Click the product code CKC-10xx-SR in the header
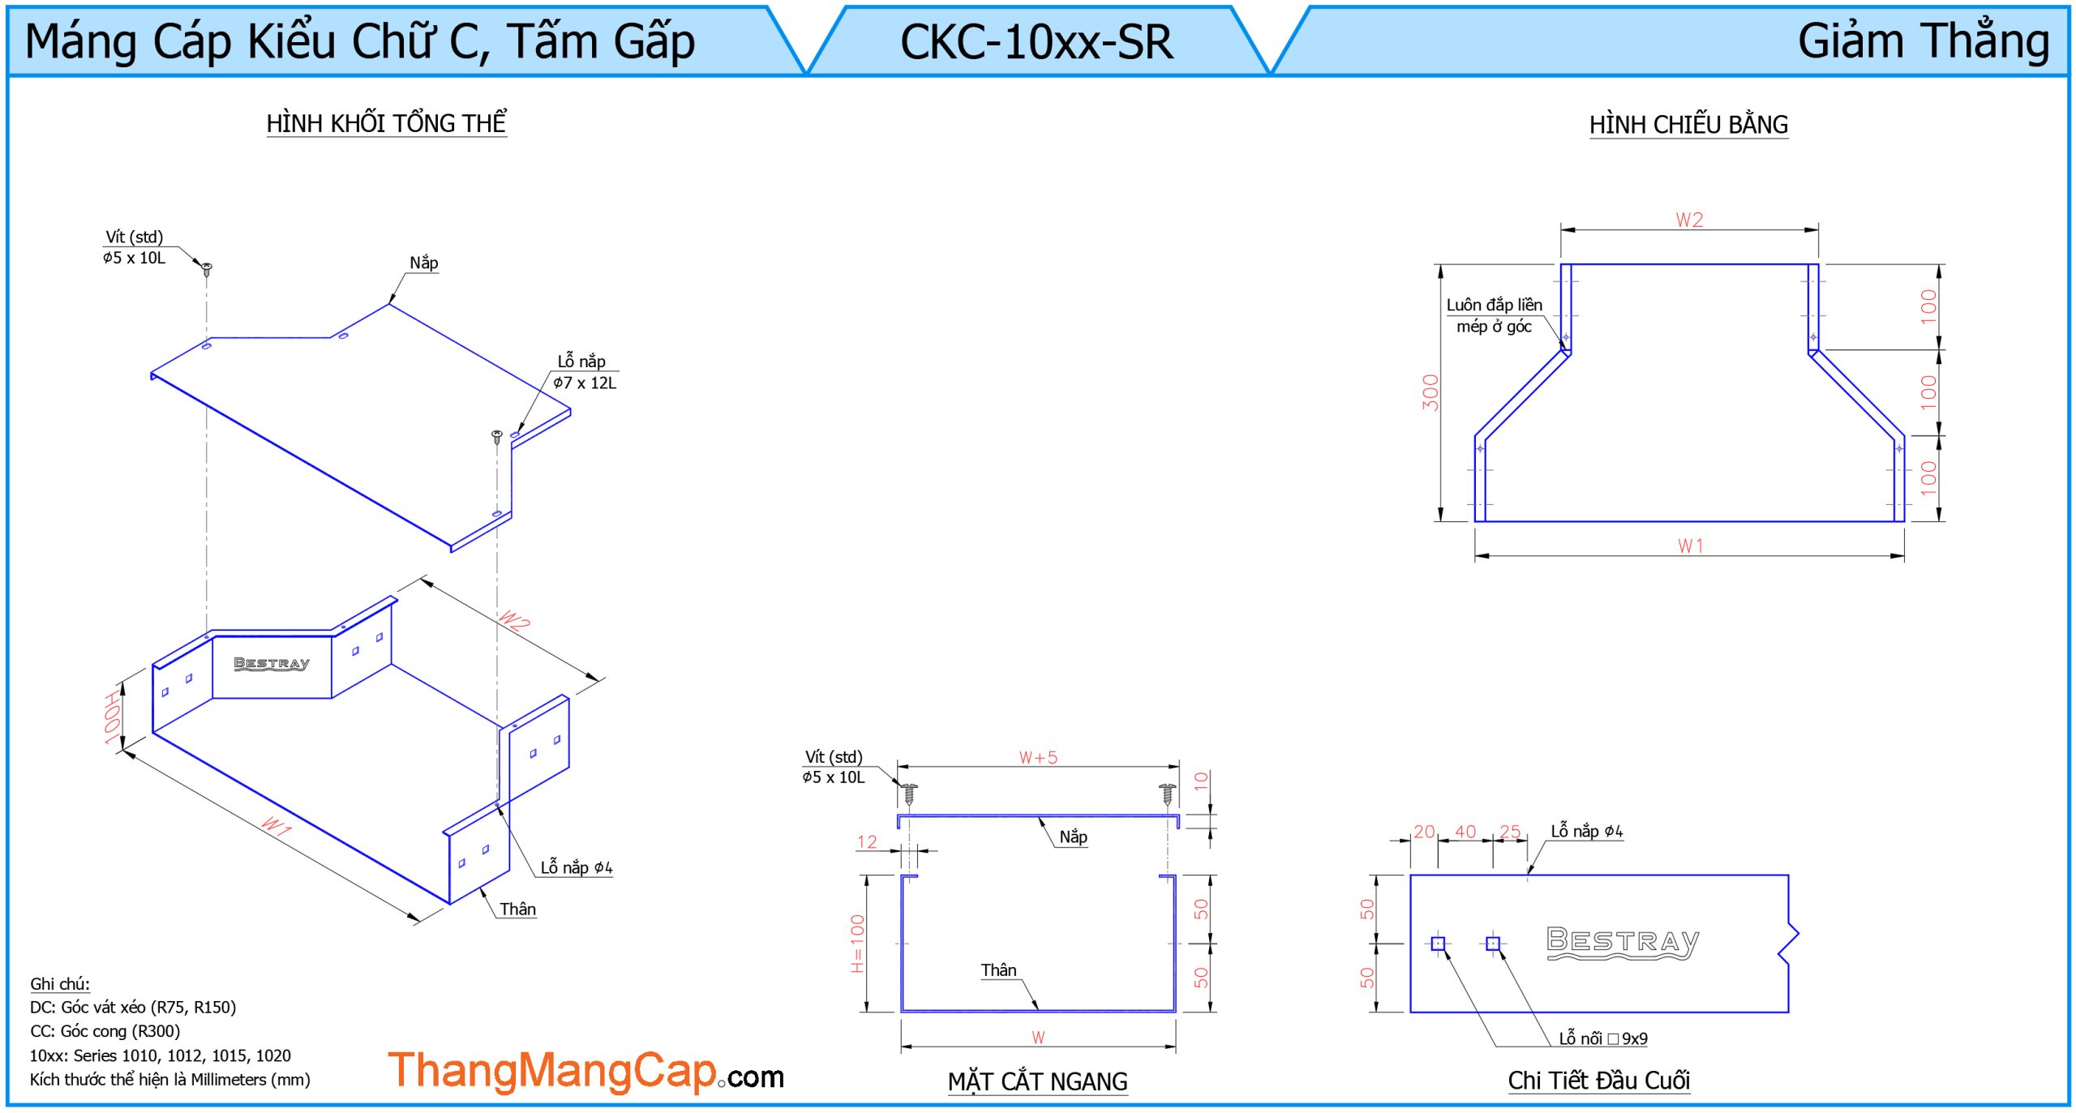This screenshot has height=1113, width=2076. click(1036, 42)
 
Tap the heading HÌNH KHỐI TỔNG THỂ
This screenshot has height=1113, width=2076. click(386, 123)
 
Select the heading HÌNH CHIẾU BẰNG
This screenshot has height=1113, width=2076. click(1688, 125)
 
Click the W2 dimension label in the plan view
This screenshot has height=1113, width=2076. click(1689, 220)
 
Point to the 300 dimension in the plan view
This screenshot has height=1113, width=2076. click(1430, 392)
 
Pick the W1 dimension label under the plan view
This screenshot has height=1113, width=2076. click(1690, 546)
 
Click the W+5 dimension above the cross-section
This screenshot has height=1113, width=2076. click(1038, 758)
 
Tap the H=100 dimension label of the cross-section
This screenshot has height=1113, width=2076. click(857, 944)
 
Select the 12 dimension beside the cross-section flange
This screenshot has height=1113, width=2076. click(867, 842)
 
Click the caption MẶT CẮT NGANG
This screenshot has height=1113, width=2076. click(1037, 1081)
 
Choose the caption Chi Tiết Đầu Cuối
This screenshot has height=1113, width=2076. click(1598, 1081)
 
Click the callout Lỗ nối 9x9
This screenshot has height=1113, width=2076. click(1602, 1038)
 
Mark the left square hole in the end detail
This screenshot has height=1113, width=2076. click(1438, 944)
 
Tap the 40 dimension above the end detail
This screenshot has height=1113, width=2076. click(1465, 832)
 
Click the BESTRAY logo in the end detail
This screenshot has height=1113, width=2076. click(1622, 942)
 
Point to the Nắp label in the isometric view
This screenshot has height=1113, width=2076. click(423, 263)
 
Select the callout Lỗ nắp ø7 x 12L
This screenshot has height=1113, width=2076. click(584, 372)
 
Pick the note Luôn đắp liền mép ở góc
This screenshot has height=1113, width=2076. click(1494, 315)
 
